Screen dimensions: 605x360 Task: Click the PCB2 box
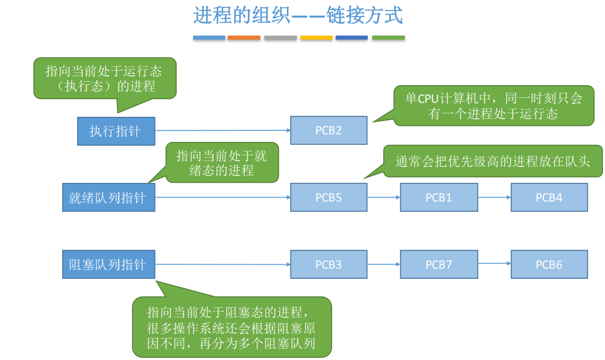tap(329, 130)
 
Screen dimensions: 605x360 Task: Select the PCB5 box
tap(329, 197)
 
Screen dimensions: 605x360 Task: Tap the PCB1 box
tap(439, 197)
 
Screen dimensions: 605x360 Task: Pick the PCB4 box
tap(549, 197)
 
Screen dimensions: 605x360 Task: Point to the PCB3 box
tap(329, 264)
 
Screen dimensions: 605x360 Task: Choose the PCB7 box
tap(439, 264)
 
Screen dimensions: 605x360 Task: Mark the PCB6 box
tap(549, 264)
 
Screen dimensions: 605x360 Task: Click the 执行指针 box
tap(116, 131)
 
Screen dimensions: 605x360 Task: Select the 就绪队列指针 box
tap(108, 197)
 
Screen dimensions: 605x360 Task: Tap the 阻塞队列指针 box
tap(108, 264)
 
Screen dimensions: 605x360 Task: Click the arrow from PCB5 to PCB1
tap(384, 197)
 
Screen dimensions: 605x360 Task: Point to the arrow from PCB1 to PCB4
tap(494, 197)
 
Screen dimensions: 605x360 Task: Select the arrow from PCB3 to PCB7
tap(384, 264)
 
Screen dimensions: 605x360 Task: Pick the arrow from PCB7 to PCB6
tap(494, 263)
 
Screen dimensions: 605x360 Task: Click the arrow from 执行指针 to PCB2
tap(223, 130)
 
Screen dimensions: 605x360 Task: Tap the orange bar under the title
tap(244, 38)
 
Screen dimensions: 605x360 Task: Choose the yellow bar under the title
tap(316, 38)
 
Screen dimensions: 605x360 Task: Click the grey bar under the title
tap(280, 38)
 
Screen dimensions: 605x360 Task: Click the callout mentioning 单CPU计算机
tap(494, 106)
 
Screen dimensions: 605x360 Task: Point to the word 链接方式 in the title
tap(365, 16)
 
